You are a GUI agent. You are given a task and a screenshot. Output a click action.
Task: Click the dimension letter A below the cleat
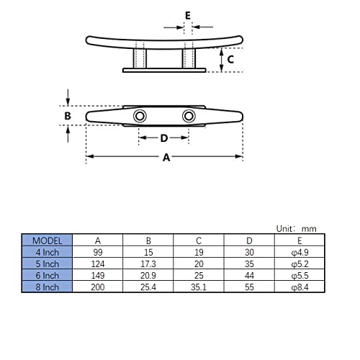click(166, 158)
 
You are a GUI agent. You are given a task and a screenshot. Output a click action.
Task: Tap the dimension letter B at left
click(67, 115)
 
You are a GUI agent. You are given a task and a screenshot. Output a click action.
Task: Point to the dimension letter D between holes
click(164, 138)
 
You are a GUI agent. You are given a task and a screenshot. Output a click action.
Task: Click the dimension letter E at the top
click(187, 14)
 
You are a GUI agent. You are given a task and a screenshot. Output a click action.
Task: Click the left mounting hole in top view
click(139, 117)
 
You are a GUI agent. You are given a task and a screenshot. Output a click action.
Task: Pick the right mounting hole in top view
click(189, 116)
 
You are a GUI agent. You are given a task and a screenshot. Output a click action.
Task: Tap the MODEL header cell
click(47, 240)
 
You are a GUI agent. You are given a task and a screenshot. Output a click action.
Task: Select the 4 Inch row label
click(47, 252)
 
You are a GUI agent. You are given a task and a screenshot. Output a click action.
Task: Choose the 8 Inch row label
click(47, 287)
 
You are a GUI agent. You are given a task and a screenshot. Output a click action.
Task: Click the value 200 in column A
click(97, 287)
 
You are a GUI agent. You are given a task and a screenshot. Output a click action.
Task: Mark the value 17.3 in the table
click(148, 264)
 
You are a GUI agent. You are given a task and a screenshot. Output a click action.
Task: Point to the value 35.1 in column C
click(199, 287)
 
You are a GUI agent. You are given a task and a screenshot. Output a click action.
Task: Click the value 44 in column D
click(249, 275)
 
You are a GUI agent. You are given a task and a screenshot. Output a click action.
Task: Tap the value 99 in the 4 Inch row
click(97, 252)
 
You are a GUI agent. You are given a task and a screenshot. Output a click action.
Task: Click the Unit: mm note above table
click(296, 228)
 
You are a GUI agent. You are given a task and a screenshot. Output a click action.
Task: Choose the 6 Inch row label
click(47, 275)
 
